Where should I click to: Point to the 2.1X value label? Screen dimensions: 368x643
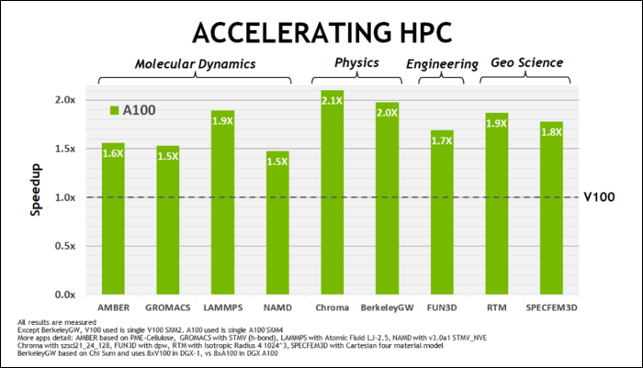[332, 102]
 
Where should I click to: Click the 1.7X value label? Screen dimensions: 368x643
[442, 141]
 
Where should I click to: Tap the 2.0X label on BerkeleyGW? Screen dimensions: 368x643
[387, 114]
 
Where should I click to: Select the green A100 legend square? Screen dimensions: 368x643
[115, 110]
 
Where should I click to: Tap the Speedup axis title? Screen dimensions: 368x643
[33, 196]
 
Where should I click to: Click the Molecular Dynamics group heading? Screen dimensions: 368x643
[195, 64]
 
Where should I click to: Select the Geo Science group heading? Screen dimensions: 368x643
[527, 63]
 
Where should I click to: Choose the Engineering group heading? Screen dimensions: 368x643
[442, 64]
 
